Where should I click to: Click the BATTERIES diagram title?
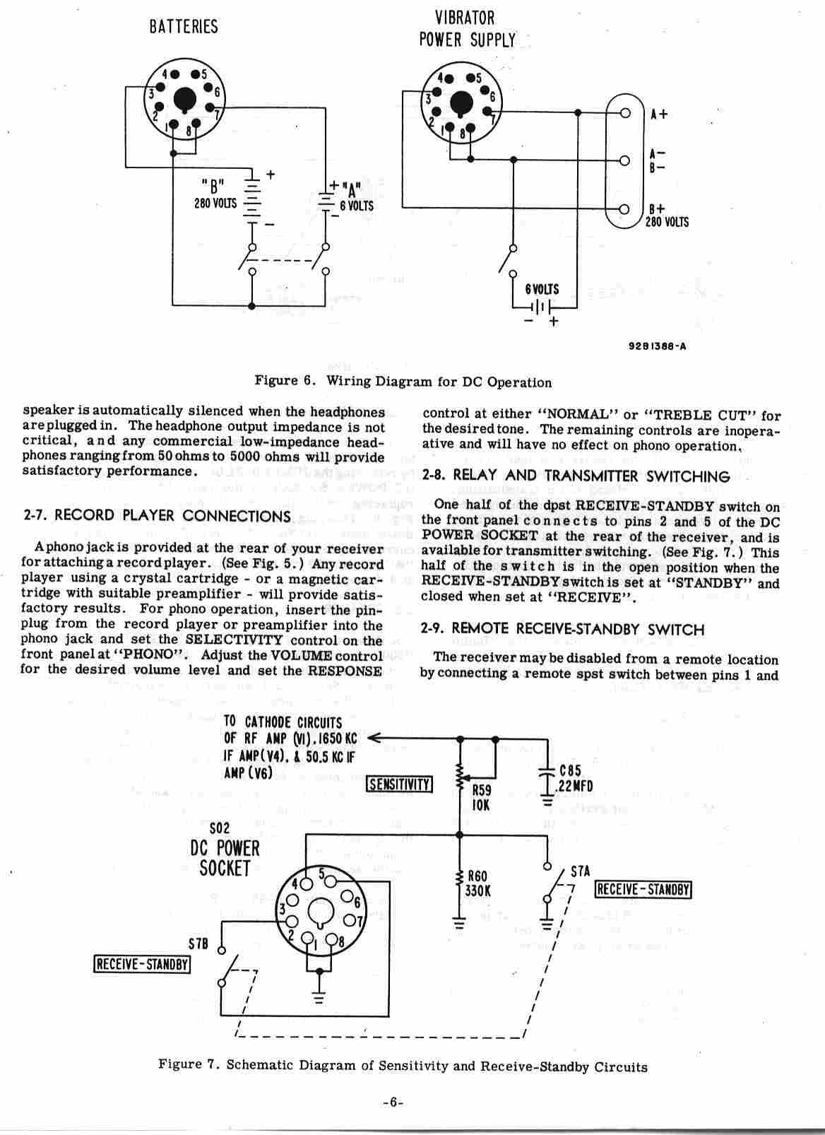coord(184,28)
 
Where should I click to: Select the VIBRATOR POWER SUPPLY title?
coord(467,28)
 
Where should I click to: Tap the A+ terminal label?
coord(659,114)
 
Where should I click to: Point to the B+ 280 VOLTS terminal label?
coord(667,216)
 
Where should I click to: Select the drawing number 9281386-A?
coord(657,347)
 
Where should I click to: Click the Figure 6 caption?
coord(403,382)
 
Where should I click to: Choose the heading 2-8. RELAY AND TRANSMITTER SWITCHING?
coord(576,476)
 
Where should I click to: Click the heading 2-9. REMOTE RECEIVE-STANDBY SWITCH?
coord(562,629)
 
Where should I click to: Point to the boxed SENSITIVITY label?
coord(400,784)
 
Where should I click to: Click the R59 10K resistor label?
coord(481,798)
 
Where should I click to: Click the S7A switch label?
coord(579,873)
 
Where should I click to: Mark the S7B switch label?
coord(198,944)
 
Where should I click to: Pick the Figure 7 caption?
coord(403,1066)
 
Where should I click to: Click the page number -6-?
coord(392,1102)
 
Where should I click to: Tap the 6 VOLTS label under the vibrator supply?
coord(542,289)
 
